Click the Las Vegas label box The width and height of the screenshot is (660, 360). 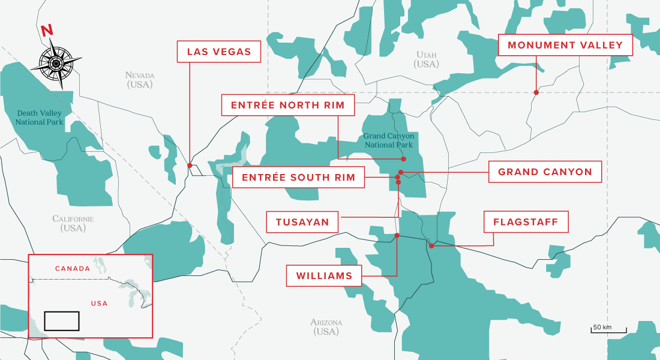coord(219,52)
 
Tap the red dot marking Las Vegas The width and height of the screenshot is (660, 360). coord(190,165)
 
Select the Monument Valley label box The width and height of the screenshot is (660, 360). coord(565,45)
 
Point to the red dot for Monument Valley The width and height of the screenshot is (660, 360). coord(536,92)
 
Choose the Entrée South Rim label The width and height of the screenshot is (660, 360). coord(298,178)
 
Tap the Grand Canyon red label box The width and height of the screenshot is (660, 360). coord(544,172)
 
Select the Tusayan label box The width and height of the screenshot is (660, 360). coord(302,222)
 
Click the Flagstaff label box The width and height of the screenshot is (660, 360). coord(525,222)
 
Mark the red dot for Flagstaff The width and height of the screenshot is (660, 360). coord(431,245)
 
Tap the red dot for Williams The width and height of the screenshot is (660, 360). coord(397,236)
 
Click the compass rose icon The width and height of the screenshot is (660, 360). coord(56,62)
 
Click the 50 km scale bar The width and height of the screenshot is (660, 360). coord(608,329)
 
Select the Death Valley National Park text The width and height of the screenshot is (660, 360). coord(40,118)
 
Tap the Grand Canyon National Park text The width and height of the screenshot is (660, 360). coord(389,140)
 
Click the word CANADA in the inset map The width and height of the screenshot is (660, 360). coord(73,268)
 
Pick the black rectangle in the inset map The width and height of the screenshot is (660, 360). coord(62,320)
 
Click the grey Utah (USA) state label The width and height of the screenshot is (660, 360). coord(427,59)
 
